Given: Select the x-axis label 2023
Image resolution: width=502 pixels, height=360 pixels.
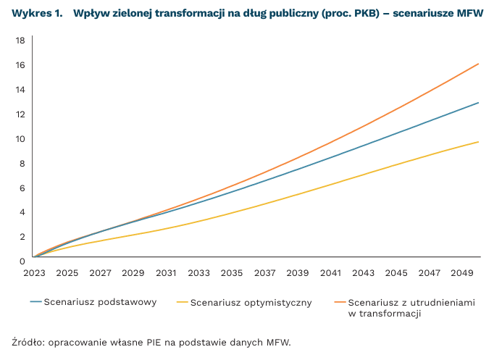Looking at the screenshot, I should click(x=34, y=273).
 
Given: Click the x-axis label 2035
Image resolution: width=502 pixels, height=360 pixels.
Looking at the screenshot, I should click(x=232, y=273).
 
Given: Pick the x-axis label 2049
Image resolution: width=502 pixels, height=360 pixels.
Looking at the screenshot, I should click(x=463, y=273).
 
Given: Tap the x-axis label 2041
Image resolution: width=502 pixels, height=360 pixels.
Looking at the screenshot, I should click(x=331, y=273).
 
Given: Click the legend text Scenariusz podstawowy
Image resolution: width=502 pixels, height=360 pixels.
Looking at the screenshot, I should click(x=101, y=302).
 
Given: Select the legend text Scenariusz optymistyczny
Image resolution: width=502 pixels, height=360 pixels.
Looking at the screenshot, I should click(x=251, y=303).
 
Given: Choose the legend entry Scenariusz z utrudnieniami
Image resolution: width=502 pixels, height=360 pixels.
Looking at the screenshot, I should click(x=411, y=303).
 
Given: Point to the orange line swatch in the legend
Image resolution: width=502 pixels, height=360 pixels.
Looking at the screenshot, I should click(x=340, y=302).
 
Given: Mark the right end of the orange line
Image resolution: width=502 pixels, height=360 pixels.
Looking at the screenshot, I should click(x=479, y=64).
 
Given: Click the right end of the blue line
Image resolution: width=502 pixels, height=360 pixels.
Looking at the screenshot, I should click(x=479, y=103).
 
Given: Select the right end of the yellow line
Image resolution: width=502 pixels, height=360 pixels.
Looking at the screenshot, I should click(x=479, y=142).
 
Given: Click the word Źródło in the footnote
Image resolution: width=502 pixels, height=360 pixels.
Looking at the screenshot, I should click(x=27, y=342).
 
